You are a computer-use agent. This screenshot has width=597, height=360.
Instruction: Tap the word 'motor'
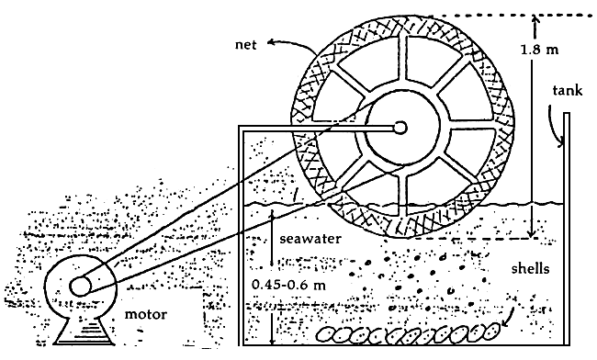pos(147,315)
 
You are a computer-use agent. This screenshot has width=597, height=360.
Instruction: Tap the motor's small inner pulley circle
pos(80,286)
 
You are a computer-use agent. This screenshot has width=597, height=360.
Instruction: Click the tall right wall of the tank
pos(568,230)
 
